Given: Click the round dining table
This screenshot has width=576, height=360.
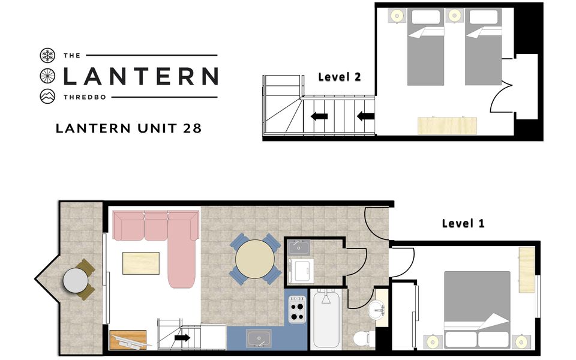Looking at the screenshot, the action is (254, 259).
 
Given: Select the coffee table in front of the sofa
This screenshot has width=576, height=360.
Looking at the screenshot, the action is (141, 263).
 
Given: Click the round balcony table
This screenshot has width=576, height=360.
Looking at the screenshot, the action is (76, 281).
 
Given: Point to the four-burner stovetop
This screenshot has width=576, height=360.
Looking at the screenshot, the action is (297, 310).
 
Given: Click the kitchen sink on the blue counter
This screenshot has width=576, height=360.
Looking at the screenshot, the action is (259, 338).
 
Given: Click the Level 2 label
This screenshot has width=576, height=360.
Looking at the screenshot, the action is (340, 77).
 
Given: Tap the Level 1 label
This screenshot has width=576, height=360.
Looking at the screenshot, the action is (463, 223).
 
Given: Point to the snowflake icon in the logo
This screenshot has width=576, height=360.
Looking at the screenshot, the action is (47, 55).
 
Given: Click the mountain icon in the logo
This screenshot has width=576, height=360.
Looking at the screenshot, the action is (47, 96).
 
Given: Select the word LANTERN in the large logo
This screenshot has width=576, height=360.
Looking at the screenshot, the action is (140, 76).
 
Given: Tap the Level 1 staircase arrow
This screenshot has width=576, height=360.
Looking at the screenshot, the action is (182, 338).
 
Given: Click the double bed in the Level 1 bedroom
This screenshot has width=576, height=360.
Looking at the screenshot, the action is (477, 310).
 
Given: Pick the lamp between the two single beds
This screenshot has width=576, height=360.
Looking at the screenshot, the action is (454, 16).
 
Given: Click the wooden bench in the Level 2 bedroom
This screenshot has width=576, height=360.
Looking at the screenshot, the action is (447, 125).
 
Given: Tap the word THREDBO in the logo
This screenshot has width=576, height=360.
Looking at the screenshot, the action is (85, 97).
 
